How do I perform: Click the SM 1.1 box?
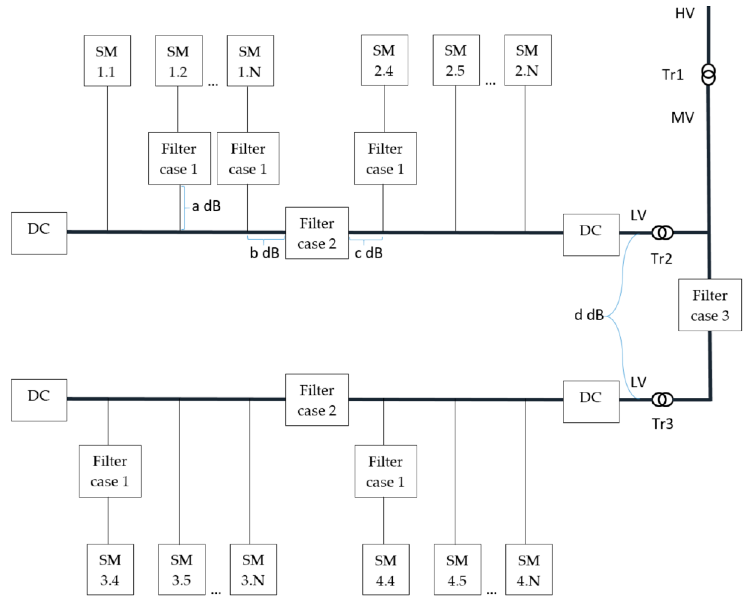[x=107, y=61]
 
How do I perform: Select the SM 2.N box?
[x=527, y=60]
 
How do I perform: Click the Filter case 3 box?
[x=710, y=305]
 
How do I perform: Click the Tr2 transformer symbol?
[x=662, y=233]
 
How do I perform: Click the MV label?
[x=682, y=118]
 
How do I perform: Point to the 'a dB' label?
[x=206, y=206]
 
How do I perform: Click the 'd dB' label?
[x=589, y=315]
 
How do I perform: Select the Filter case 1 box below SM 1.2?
[x=179, y=159]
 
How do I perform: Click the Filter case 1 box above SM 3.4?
[x=110, y=471]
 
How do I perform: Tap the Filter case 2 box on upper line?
[x=317, y=233]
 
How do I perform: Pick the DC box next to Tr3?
[x=591, y=402]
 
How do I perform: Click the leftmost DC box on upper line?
[x=39, y=233]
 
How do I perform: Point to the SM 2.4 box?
[x=384, y=60]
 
